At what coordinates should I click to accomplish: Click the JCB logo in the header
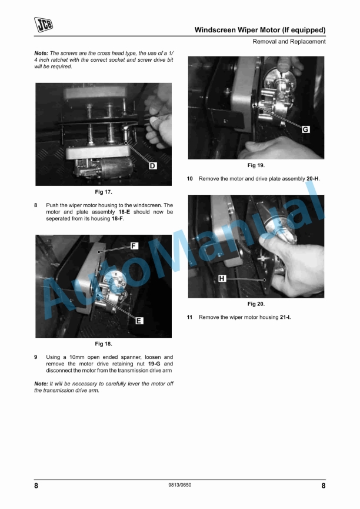[x=44, y=24]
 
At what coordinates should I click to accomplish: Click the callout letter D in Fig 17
[x=152, y=166]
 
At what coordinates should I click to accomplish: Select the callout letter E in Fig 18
[x=139, y=321]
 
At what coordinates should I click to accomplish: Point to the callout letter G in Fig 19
[x=306, y=129]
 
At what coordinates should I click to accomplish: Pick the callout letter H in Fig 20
[x=222, y=278]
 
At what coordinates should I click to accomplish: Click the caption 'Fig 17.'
[x=104, y=192]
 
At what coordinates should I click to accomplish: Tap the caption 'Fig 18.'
[x=104, y=344]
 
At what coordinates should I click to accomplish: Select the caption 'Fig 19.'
[x=256, y=165]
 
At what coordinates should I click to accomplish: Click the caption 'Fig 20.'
[x=256, y=304]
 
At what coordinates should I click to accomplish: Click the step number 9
[x=36, y=357]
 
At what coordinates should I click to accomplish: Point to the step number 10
[x=189, y=178]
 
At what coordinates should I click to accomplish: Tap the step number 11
[x=189, y=317]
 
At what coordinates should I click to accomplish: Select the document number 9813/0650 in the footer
[x=179, y=485]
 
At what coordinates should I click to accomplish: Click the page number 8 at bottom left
[x=36, y=486]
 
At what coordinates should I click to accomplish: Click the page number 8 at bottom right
[x=324, y=486]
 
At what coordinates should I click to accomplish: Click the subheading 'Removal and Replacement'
[x=289, y=42]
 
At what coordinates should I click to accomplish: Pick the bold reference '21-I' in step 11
[x=285, y=317]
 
